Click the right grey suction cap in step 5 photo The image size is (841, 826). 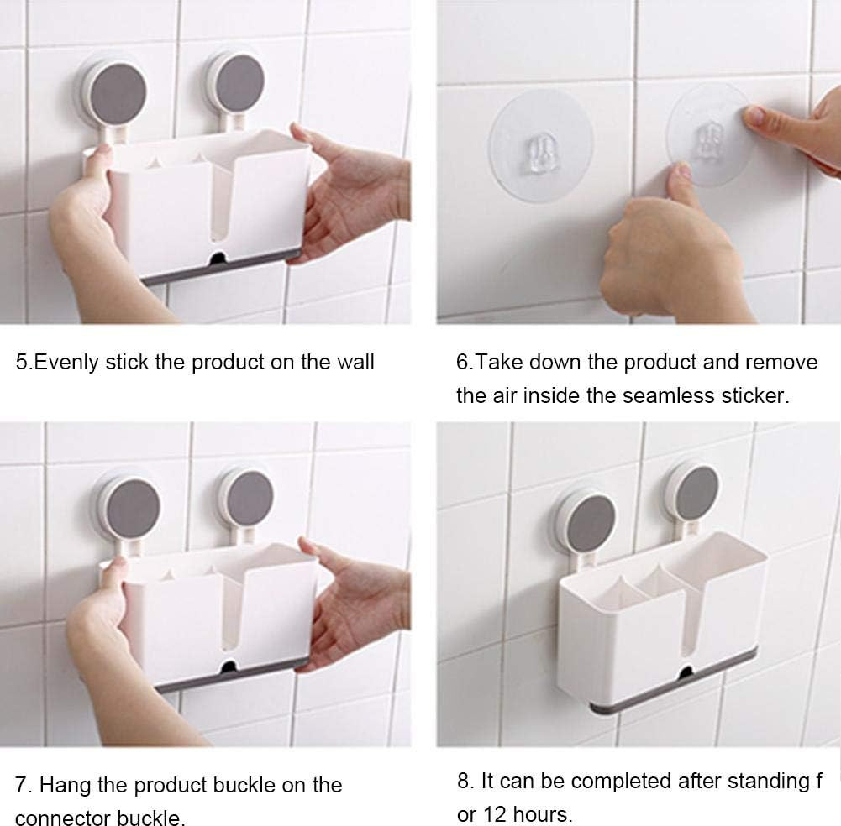tap(239, 82)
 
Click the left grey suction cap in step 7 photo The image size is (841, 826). tap(133, 507)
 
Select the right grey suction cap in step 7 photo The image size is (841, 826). tap(250, 498)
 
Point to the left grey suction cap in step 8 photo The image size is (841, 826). tap(590, 523)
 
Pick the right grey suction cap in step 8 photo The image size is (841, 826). tap(696, 492)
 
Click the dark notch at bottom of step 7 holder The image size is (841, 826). tap(229, 667)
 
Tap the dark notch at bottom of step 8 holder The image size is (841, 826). tap(686, 672)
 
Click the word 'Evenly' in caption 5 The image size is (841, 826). tap(66, 363)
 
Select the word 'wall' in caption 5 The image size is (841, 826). tap(355, 362)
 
